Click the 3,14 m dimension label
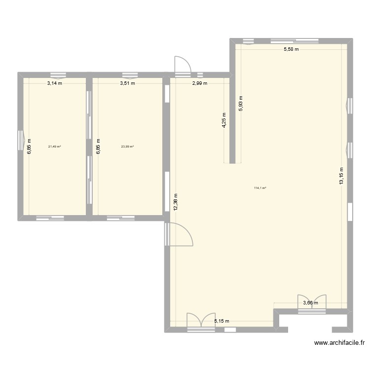coord(55,83)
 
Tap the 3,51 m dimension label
coord(127,83)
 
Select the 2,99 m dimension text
coord(199,83)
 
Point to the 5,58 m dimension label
coord(291,49)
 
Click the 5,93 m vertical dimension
coord(241,104)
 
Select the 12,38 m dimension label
coord(175,202)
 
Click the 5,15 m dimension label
coord(222,321)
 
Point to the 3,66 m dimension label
coord(311,303)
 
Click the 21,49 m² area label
coord(54,147)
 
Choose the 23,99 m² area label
coord(127,147)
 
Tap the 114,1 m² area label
coord(260,188)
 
